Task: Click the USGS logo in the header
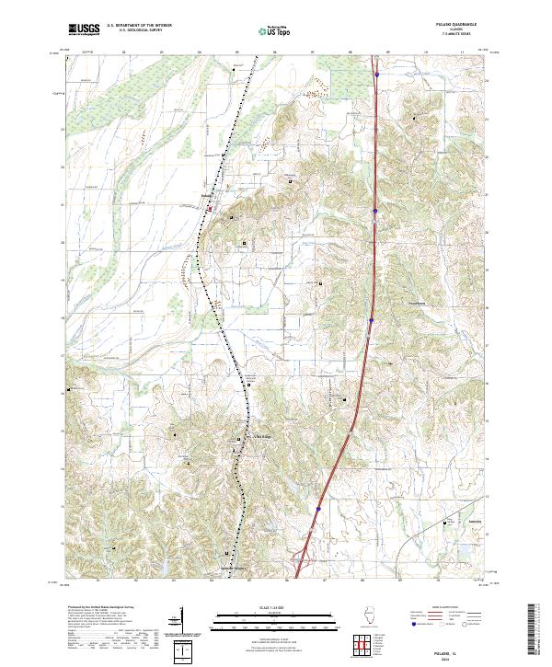[x=85, y=30]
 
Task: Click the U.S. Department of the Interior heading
[x=138, y=26]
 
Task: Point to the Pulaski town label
[x=208, y=195]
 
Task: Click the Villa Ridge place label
[x=263, y=437]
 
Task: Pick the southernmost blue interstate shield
[x=318, y=506]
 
